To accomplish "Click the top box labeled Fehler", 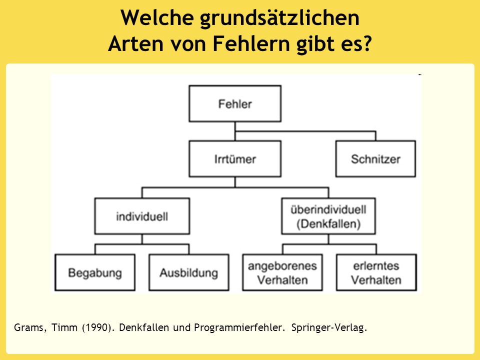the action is [x=235, y=104].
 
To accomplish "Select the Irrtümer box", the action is [x=235, y=159].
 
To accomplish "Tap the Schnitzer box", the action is [x=375, y=159].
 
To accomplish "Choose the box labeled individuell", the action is [x=142, y=216].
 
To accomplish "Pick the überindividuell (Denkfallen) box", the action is [x=328, y=216].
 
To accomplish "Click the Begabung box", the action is [x=95, y=272].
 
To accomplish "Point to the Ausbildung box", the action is [x=189, y=272].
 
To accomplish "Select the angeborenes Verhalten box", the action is [x=282, y=272].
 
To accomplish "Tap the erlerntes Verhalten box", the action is [x=376, y=272].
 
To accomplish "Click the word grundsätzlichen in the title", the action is [x=279, y=18].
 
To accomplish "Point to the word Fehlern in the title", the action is [x=251, y=43].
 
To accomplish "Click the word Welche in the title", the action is [x=156, y=17].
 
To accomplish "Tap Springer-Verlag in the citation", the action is [x=329, y=327].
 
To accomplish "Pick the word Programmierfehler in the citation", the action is [x=239, y=327].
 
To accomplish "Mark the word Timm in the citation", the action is [x=64, y=327].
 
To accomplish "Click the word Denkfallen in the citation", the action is [x=144, y=327].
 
